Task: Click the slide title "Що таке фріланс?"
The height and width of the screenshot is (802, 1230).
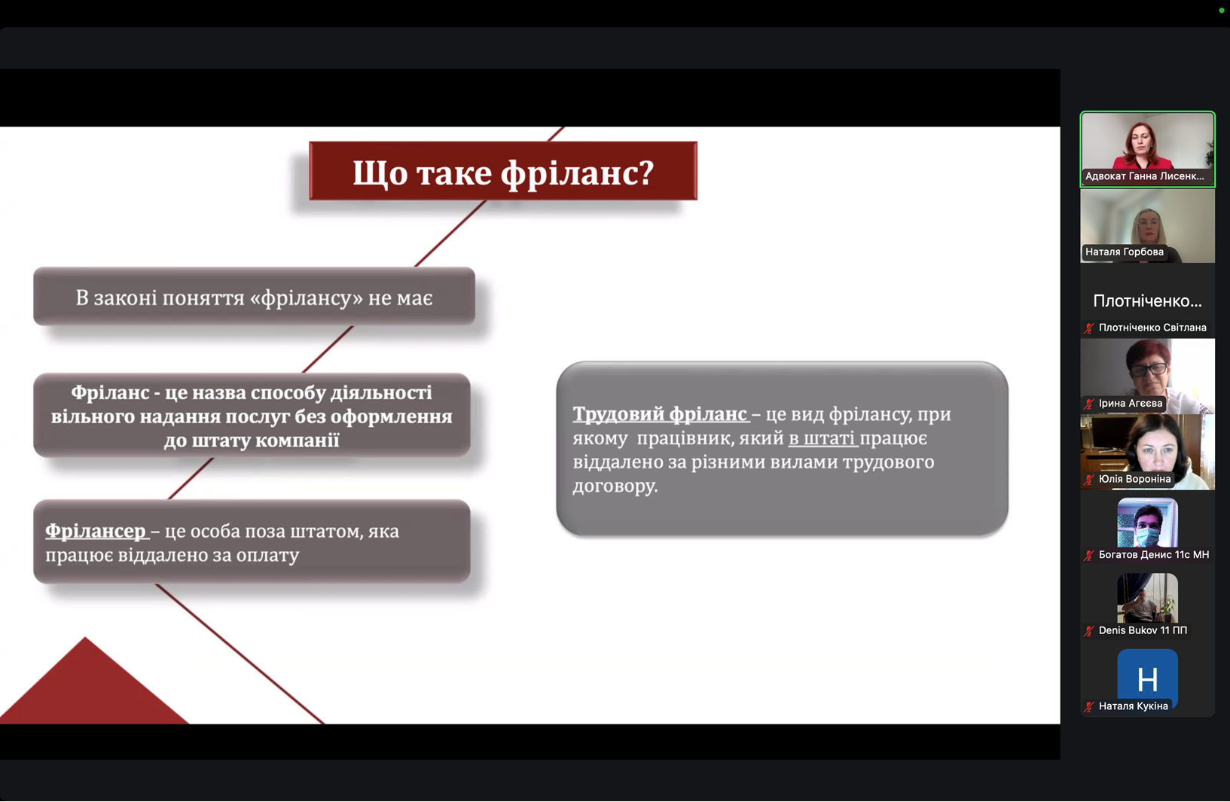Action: tap(503, 172)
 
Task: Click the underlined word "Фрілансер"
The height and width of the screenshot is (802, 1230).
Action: tap(96, 531)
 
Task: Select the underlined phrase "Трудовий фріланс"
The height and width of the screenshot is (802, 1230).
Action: tap(660, 414)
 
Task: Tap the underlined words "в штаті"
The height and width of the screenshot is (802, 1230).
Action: tap(822, 438)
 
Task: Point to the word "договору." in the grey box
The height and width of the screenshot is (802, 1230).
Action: tap(615, 486)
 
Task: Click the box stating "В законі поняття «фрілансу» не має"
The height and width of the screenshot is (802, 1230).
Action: tap(254, 297)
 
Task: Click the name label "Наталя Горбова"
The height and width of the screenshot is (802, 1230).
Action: tap(1124, 252)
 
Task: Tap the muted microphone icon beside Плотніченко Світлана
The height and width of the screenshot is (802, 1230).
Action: tap(1089, 328)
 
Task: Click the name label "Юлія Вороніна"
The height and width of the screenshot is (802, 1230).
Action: tap(1134, 479)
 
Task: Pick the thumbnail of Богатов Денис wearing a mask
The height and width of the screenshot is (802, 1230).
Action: tap(1147, 523)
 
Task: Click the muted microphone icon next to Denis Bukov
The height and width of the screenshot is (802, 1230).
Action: tap(1089, 631)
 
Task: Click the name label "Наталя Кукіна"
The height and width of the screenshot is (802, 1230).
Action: tap(1133, 706)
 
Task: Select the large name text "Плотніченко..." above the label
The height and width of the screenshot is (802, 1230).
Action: tap(1147, 301)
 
